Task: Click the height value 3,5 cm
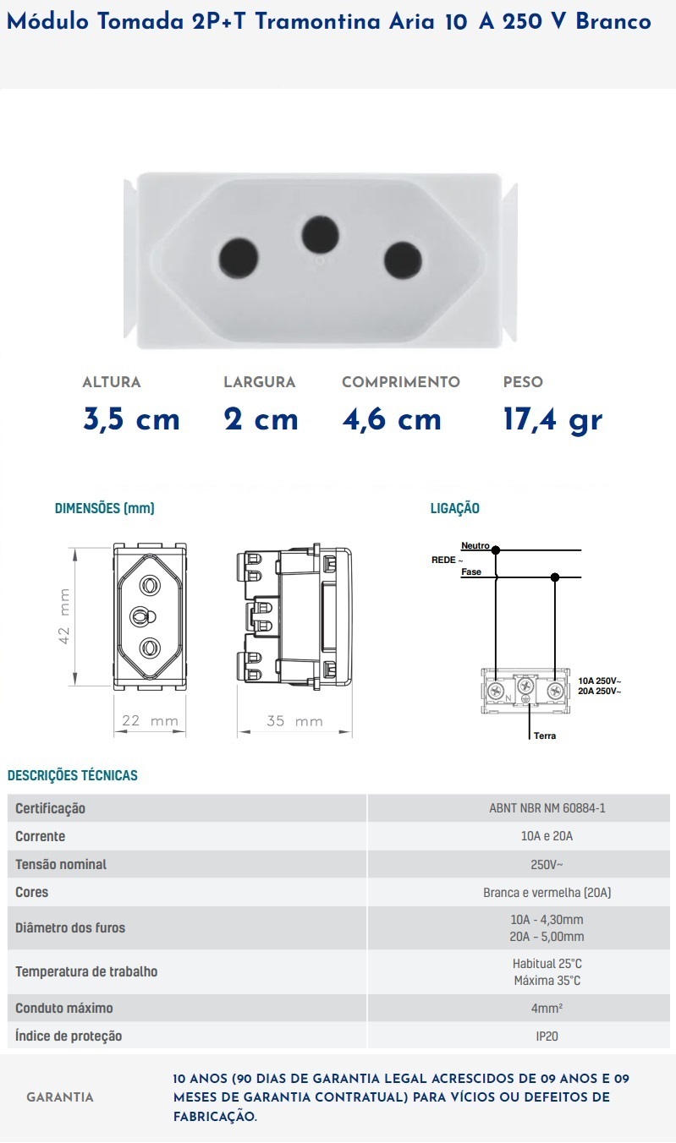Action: tap(132, 419)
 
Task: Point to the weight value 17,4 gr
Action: tap(552, 419)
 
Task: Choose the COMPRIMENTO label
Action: tap(401, 382)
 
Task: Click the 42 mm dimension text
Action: tap(64, 616)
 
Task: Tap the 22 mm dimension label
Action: tap(151, 721)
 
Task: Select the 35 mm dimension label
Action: tap(294, 721)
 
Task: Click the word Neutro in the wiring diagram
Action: tap(475, 546)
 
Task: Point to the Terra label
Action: tap(545, 736)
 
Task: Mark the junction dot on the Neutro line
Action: tap(496, 550)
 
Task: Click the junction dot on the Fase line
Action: tap(555, 577)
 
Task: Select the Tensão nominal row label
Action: tap(61, 864)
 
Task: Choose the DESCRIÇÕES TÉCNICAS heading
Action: tap(72, 775)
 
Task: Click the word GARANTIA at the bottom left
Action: tap(60, 1097)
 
